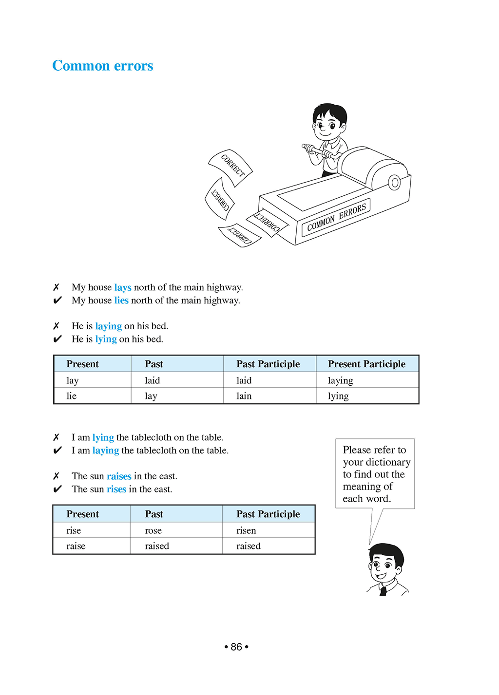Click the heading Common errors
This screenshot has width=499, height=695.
[x=102, y=66]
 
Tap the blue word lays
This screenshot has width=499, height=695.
[x=123, y=287]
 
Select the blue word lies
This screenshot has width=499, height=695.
[x=121, y=301]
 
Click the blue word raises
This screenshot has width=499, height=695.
[x=119, y=476]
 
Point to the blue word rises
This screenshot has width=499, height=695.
[x=116, y=489]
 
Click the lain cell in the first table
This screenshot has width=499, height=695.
[x=244, y=396]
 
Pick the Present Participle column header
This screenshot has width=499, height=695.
[x=366, y=364]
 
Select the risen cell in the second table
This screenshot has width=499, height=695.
[x=246, y=530]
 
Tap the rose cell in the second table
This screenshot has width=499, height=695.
[x=153, y=530]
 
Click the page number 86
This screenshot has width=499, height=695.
[x=236, y=647]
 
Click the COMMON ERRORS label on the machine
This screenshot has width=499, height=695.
[x=336, y=217]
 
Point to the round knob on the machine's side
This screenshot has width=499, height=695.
[x=394, y=183]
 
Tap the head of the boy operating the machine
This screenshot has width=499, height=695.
[x=329, y=122]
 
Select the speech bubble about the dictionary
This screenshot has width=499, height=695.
[x=374, y=474]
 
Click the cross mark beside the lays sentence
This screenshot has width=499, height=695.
[x=57, y=287]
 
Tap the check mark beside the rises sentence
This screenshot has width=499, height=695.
[x=58, y=489]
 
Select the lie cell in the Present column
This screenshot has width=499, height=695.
[x=72, y=396]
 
